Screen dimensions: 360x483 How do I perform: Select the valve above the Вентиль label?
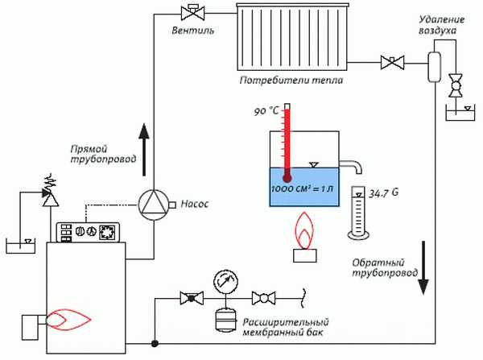(x=191, y=12)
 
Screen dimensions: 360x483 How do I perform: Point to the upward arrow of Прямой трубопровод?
(x=144, y=148)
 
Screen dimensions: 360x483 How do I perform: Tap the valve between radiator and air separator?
(x=393, y=60)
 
